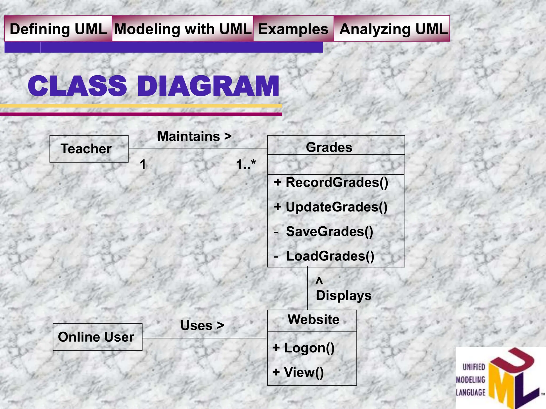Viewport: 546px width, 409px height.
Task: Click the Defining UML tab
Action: (58, 29)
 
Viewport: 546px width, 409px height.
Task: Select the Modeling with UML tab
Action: (183, 29)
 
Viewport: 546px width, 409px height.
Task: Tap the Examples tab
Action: (293, 29)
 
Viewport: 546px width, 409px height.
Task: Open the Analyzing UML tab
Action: (392, 29)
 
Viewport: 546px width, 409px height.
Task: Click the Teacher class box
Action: (89, 149)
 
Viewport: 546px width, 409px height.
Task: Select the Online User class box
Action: (97, 337)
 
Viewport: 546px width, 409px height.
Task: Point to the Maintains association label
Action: (194, 136)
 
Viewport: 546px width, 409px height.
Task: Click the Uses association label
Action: (202, 325)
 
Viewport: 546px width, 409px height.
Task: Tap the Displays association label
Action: (343, 295)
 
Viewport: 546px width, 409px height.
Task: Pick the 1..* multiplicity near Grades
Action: (246, 164)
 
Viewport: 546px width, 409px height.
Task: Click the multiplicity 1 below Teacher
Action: (143, 164)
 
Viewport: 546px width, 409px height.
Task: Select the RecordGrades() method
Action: (336, 182)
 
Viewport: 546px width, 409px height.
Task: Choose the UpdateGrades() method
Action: (336, 207)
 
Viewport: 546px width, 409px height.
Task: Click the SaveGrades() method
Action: (329, 231)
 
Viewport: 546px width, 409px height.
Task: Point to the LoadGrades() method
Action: (330, 256)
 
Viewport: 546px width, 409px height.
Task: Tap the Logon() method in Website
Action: (309, 348)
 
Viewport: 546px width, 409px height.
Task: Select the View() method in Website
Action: (303, 372)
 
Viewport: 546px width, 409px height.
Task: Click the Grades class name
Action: (329, 147)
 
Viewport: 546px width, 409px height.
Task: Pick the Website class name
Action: (314, 319)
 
